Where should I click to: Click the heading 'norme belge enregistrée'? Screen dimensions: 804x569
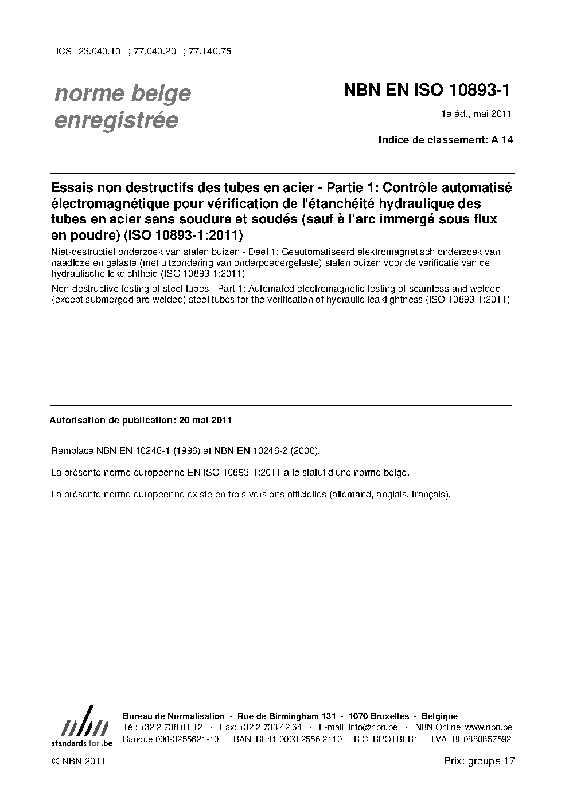(x=122, y=107)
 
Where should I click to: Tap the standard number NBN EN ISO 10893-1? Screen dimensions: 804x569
(x=427, y=90)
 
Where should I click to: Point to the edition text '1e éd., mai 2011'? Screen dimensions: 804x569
(x=476, y=113)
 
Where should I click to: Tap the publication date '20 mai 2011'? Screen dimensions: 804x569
(x=205, y=420)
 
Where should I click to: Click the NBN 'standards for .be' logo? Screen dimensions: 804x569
(x=81, y=726)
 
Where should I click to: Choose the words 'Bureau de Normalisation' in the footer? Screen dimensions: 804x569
(x=173, y=716)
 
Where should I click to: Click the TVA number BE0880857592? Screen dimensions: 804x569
(x=481, y=739)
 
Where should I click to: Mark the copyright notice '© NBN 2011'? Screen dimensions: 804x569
(x=78, y=761)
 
